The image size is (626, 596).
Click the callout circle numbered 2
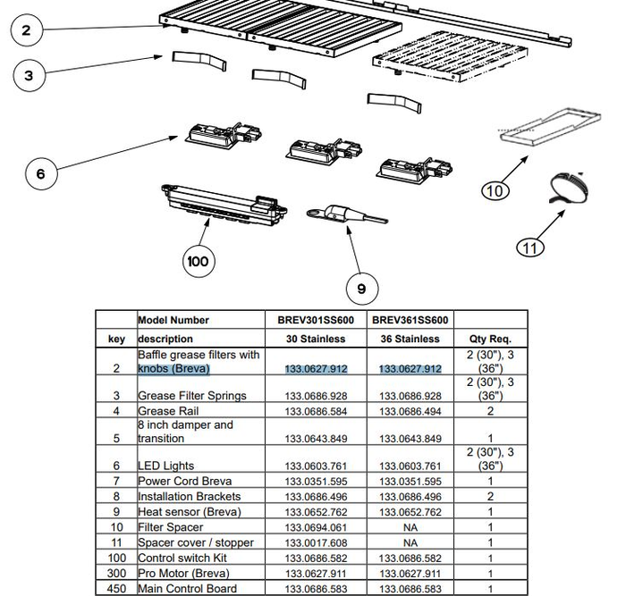pyautogui.click(x=27, y=31)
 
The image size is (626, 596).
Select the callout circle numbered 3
pyautogui.click(x=30, y=76)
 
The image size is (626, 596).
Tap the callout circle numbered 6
pyautogui.click(x=41, y=173)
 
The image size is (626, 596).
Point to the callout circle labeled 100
pyautogui.click(x=199, y=261)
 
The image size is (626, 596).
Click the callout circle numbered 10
pyautogui.click(x=495, y=190)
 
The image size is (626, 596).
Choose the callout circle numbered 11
pyautogui.click(x=531, y=247)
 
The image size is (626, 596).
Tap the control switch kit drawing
pyautogui.click(x=224, y=205)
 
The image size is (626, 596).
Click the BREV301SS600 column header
pyautogui.click(x=316, y=320)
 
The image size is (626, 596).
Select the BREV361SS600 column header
pyautogui.click(x=410, y=320)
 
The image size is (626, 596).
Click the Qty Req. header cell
pyautogui.click(x=490, y=339)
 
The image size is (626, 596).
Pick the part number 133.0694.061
pyautogui.click(x=316, y=527)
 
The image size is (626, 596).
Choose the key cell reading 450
pyautogui.click(x=116, y=588)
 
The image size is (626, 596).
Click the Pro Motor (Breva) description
pyautogui.click(x=179, y=573)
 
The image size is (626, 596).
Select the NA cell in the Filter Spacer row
pyautogui.click(x=410, y=527)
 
